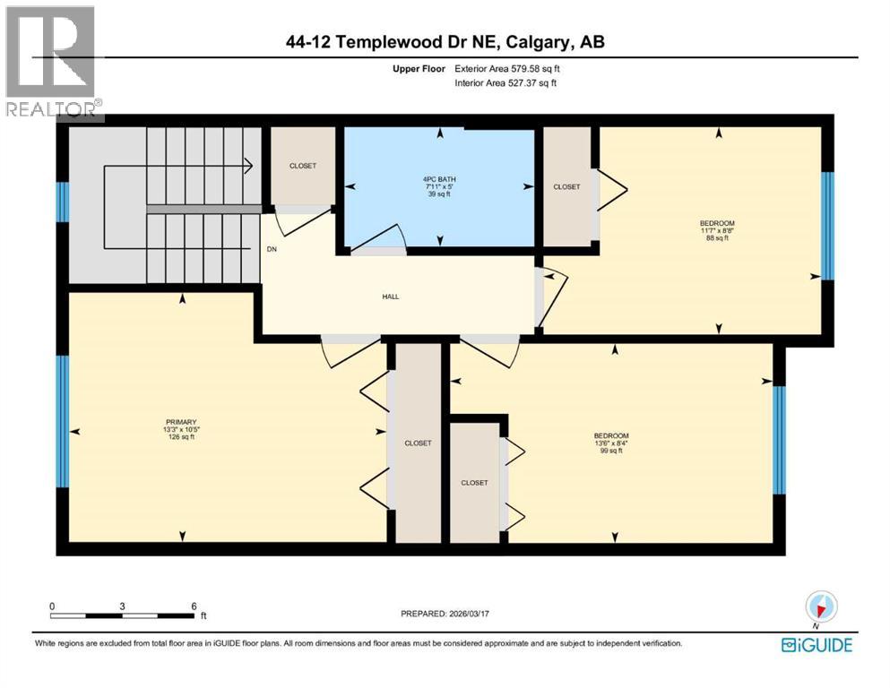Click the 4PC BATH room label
(439, 179)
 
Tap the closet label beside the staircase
(302, 166)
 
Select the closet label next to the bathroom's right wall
(566, 187)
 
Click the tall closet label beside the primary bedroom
(418, 443)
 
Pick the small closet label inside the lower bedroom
(474, 483)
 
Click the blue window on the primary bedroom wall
(63, 422)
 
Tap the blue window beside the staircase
(63, 202)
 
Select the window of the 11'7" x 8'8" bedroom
(828, 226)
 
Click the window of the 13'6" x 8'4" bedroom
(780, 440)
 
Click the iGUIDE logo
(816, 644)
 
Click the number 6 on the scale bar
(193, 606)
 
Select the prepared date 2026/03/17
(474, 614)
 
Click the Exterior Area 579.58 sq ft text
(508, 68)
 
